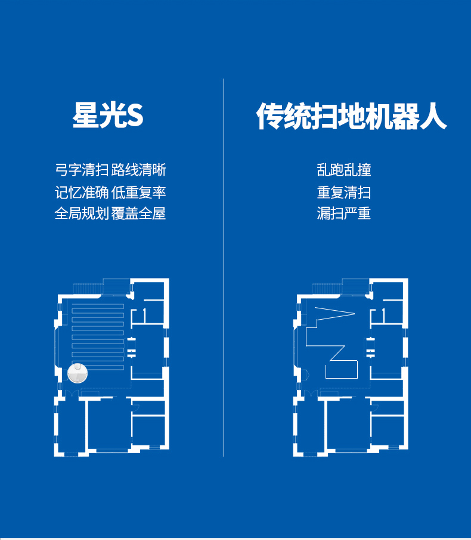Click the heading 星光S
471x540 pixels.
pos(108,116)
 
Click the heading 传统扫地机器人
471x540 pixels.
pos(351,116)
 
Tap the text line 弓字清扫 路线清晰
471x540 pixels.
pos(110,170)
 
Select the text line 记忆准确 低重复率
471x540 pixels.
pos(110,192)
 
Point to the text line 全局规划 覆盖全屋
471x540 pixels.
pos(110,213)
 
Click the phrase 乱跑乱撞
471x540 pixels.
pos(344,170)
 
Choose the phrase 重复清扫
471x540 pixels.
pos(344,192)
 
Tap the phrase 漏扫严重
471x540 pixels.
pos(344,213)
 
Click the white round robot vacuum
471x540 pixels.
pos(79,373)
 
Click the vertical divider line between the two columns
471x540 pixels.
pos(224,268)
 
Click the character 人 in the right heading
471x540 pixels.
pos(433,116)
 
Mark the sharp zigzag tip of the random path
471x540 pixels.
pos(354,313)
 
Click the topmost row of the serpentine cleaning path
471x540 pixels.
pos(98,306)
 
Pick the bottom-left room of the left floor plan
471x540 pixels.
pos(70,426)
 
